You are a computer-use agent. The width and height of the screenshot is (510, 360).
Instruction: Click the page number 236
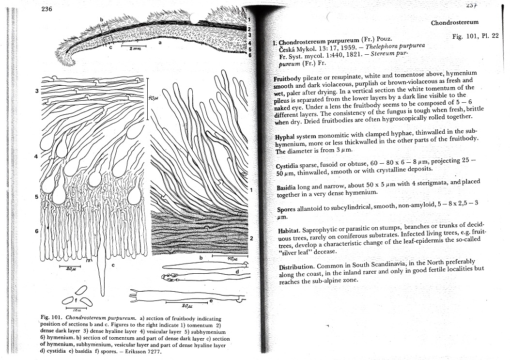click(47, 9)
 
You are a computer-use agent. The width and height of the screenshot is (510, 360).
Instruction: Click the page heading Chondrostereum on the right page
click(454, 22)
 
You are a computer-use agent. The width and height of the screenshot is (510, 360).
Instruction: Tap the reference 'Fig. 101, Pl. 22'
click(474, 37)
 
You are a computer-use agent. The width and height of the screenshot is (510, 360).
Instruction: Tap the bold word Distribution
click(297, 267)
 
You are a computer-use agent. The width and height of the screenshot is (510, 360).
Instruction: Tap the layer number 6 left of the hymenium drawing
click(36, 231)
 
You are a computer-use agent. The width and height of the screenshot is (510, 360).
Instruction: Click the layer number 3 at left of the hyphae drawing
click(36, 91)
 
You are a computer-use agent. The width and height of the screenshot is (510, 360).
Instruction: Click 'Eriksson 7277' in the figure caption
click(143, 351)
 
